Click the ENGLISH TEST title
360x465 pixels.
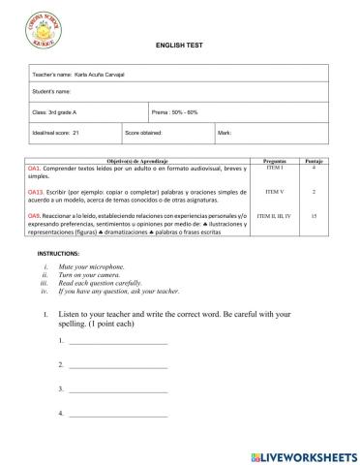pos(179,46)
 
